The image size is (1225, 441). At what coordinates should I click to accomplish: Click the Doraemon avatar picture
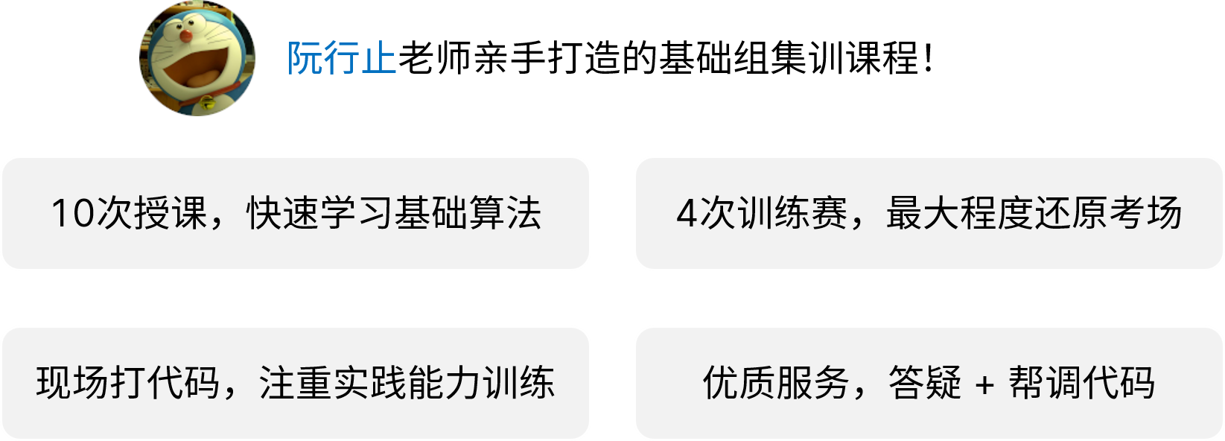pyautogui.click(x=197, y=58)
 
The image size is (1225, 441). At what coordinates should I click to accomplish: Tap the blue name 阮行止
pyautogui.click(x=342, y=58)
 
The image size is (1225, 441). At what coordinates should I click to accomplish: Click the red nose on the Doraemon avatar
pyautogui.click(x=186, y=35)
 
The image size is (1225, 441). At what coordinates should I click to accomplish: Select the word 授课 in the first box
pyautogui.click(x=171, y=213)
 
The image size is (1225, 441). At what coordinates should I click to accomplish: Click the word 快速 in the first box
pyautogui.click(x=282, y=213)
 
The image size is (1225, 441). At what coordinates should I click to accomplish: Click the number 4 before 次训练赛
pyautogui.click(x=687, y=213)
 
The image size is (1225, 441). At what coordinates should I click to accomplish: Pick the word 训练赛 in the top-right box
pyautogui.click(x=792, y=213)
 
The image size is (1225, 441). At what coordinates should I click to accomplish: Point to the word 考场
pyautogui.click(x=1145, y=213)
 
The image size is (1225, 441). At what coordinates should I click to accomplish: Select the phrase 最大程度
pyautogui.click(x=959, y=213)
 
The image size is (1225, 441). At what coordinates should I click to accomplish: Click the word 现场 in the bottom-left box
pyautogui.click(x=73, y=383)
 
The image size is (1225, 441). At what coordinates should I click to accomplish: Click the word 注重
pyautogui.click(x=296, y=383)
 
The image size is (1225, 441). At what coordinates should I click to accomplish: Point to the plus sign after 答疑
pyautogui.click(x=984, y=384)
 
